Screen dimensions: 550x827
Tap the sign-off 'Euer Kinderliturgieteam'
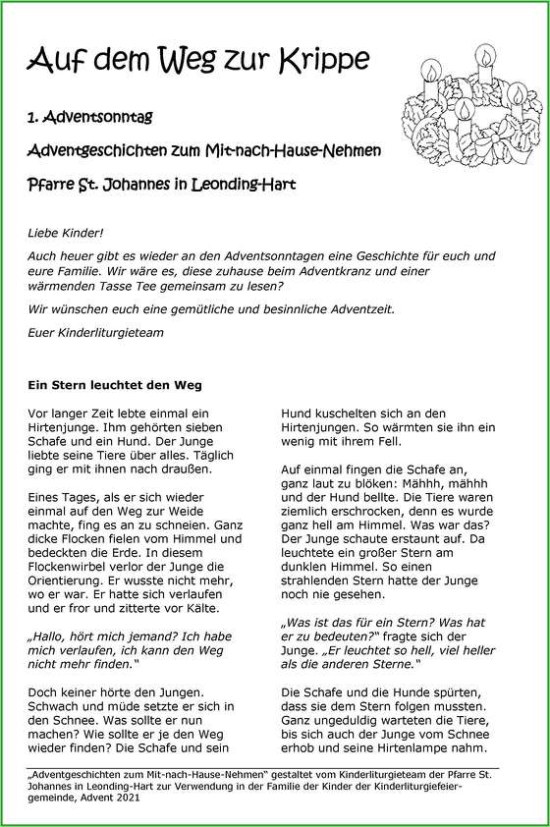click(96, 333)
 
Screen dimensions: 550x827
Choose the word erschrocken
click(361, 525)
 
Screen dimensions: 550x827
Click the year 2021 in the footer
click(125, 799)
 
